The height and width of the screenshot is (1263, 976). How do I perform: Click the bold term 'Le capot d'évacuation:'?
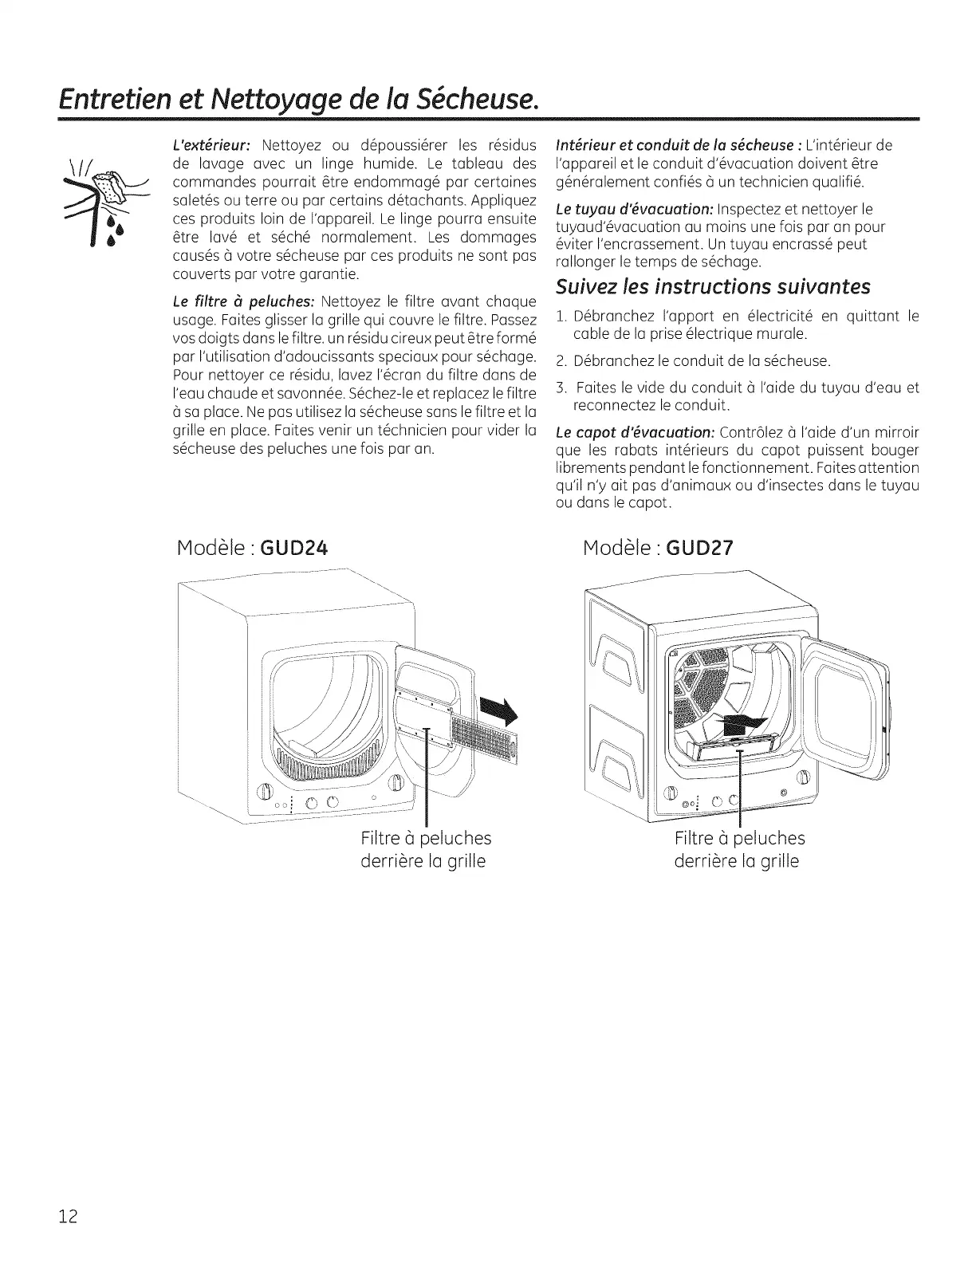(634, 433)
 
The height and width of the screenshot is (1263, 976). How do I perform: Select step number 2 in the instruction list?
(561, 361)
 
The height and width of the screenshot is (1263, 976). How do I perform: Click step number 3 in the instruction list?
(561, 388)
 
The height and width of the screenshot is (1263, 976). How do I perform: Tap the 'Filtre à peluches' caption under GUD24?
(426, 838)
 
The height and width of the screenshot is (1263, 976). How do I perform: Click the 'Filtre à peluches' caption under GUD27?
(739, 838)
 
